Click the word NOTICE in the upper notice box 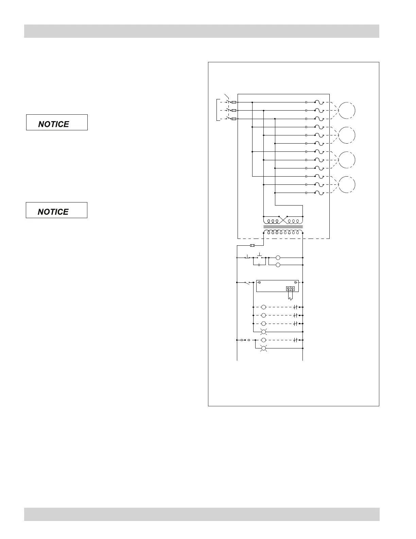coord(53,124)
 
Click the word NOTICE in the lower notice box coord(53,212)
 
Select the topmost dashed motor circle coord(347,110)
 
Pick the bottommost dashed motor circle coord(347,184)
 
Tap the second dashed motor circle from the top coord(347,135)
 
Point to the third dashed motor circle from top coord(347,160)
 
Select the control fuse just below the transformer coord(252,245)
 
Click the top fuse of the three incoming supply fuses coord(233,102)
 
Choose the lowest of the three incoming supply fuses coord(233,119)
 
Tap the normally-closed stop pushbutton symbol coord(247,257)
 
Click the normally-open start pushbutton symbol coord(260,256)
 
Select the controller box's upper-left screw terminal coord(259,282)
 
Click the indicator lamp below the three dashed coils coord(263,332)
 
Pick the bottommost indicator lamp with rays coord(263,348)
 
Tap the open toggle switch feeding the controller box coord(247,282)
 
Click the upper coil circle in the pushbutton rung coord(278,258)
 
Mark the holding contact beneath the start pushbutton coord(259,264)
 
